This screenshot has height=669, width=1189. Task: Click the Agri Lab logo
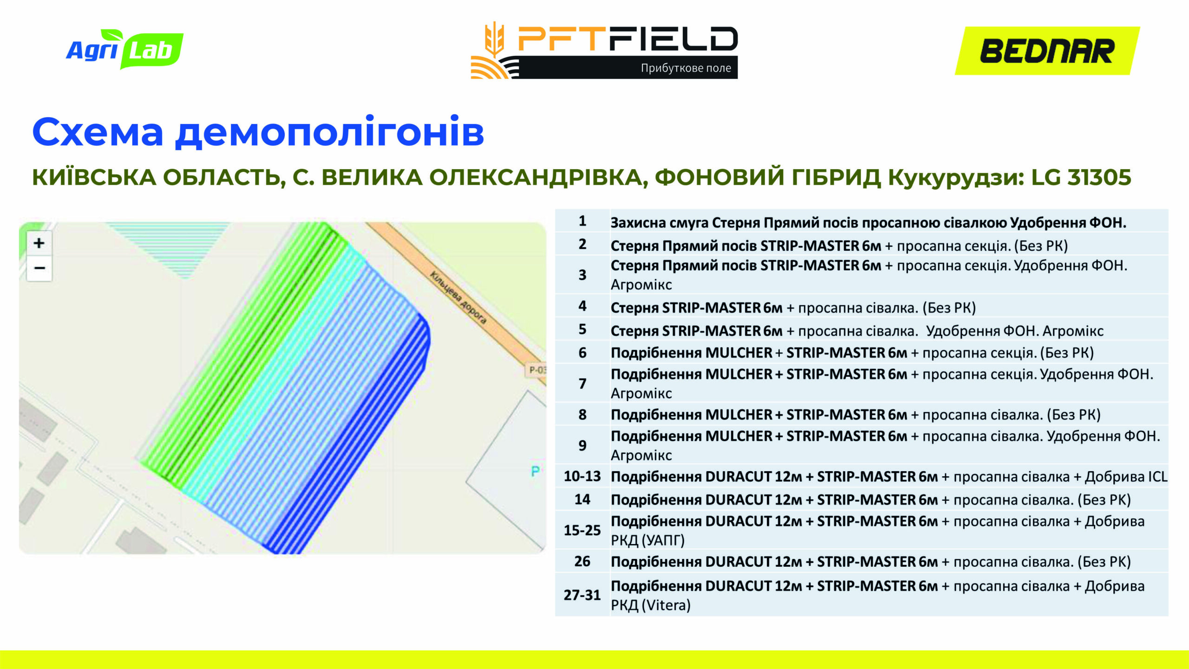pyautogui.click(x=124, y=49)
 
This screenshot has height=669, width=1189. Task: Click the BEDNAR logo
pyautogui.click(x=1047, y=51)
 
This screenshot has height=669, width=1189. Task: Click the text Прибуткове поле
pyautogui.click(x=686, y=68)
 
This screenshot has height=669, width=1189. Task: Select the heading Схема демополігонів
pyautogui.click(x=258, y=132)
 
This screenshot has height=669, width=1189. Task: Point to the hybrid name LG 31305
pyautogui.click(x=1081, y=177)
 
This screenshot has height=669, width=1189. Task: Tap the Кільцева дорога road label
pyautogui.click(x=458, y=297)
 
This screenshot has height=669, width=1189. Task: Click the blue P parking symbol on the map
pyautogui.click(x=535, y=471)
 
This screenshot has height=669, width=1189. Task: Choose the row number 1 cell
pyautogui.click(x=582, y=221)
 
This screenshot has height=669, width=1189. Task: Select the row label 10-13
pyautogui.click(x=582, y=476)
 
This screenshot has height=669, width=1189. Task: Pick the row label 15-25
pyautogui.click(x=582, y=530)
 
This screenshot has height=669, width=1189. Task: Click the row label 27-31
pyautogui.click(x=582, y=595)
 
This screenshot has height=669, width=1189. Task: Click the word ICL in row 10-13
pyautogui.click(x=1157, y=477)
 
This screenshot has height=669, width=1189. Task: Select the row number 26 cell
pyautogui.click(x=582, y=561)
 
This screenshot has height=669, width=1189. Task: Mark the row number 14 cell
pyautogui.click(x=582, y=499)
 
